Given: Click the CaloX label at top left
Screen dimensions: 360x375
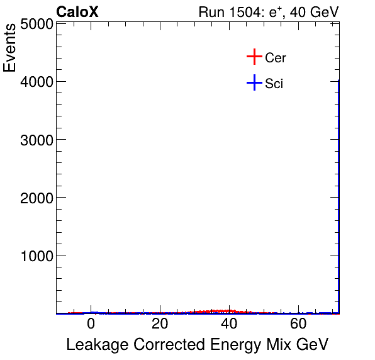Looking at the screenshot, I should click(77, 12).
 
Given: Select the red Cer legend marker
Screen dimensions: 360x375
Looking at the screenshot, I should click(254, 57).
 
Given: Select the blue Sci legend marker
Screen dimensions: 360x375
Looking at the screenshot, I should click(254, 82).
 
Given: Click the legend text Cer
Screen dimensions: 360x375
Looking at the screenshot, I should click(276, 58).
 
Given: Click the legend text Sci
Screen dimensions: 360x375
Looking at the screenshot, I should click(274, 83).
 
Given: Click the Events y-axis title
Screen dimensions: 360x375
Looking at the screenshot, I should click(11, 49).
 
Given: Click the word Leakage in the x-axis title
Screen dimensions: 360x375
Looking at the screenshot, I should click(95, 345).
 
